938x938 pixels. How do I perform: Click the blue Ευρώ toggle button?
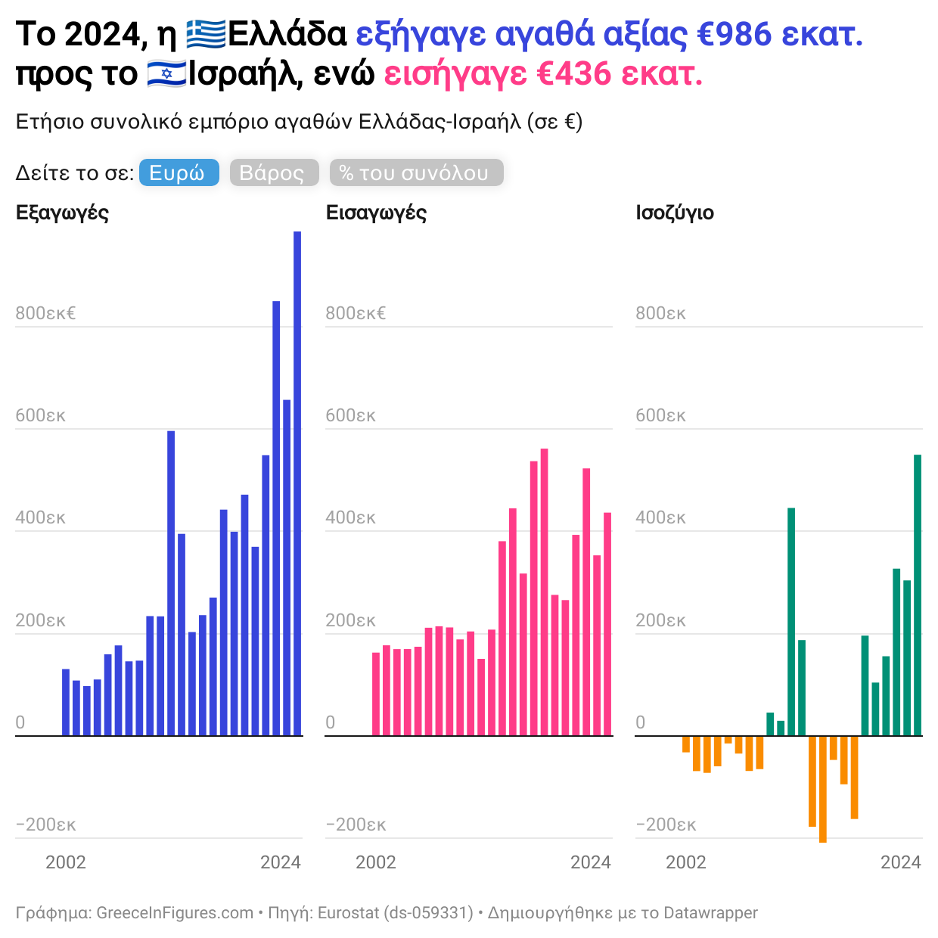[179, 172]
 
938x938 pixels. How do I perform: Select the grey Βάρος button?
[273, 172]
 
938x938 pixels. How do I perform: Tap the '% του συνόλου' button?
[416, 172]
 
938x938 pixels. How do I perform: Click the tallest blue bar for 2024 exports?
[297, 484]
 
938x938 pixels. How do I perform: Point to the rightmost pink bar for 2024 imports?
[607, 624]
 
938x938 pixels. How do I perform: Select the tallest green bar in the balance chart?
[918, 595]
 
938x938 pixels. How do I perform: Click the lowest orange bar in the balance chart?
[823, 789]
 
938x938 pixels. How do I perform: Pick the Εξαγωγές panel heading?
[62, 213]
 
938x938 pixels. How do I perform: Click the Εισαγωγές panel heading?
[376, 213]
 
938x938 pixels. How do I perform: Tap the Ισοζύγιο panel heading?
[675, 213]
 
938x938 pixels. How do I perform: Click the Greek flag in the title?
[206, 35]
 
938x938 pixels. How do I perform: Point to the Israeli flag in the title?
[166, 74]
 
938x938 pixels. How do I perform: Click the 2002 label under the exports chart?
[66, 862]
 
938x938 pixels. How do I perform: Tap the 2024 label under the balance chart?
[900, 862]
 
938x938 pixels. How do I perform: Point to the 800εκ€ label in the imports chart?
[356, 313]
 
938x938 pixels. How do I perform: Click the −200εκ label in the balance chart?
[666, 825]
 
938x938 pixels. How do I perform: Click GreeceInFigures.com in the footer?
[175, 913]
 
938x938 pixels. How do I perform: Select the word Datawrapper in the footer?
[710, 913]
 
